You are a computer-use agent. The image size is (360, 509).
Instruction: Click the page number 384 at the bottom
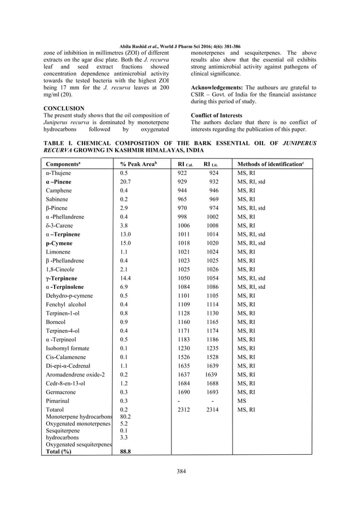coord(180,471)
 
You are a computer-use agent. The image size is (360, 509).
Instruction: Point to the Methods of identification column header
coord(270,164)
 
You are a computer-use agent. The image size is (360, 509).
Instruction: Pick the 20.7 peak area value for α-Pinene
coord(126,182)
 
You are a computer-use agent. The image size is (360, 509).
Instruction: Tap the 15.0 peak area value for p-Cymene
coord(126,243)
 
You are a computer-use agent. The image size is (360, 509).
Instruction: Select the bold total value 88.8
coord(126,451)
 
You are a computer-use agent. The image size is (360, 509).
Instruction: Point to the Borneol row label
coord(56,322)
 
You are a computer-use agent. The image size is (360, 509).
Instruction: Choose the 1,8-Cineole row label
coord(59,269)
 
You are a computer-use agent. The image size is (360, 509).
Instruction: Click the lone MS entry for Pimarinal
coord(242,401)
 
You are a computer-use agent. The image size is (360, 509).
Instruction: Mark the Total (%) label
coord(59,451)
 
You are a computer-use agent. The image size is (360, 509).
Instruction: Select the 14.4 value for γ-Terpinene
coord(126,278)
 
